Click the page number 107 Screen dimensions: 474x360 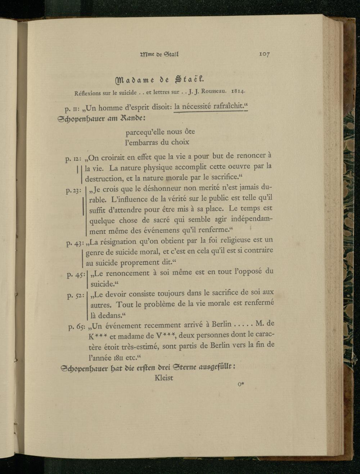point(264,54)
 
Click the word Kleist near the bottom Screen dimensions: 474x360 point(164,378)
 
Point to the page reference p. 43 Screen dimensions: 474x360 point(75,243)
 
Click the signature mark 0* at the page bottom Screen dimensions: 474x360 point(241,384)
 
